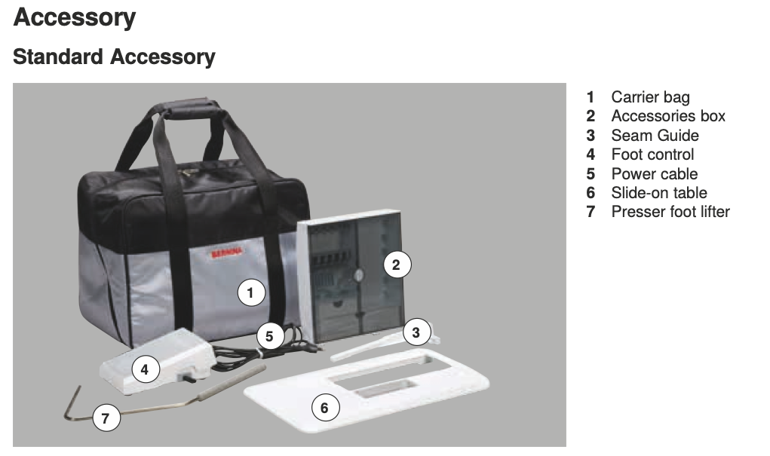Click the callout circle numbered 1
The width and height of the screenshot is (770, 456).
click(x=251, y=292)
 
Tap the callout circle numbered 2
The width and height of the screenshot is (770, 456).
click(x=396, y=265)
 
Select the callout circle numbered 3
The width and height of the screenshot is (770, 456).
click(x=416, y=332)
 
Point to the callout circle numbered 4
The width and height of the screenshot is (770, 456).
click(x=145, y=369)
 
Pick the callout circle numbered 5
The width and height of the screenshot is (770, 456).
click(x=269, y=336)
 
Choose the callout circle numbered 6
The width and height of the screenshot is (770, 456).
click(x=324, y=408)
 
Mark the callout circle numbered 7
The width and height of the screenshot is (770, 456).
click(x=106, y=418)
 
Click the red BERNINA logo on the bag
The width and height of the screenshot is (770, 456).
click(x=226, y=252)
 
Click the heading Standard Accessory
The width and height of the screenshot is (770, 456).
click(x=114, y=57)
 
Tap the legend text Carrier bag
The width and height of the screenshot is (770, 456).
click(x=650, y=97)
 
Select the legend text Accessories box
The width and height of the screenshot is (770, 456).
click(x=668, y=116)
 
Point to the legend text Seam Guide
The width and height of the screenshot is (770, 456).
click(x=655, y=135)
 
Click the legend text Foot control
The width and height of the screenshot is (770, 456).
click(x=652, y=154)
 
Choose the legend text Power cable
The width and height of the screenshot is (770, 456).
click(x=654, y=174)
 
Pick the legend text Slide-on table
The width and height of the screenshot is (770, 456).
click(x=659, y=193)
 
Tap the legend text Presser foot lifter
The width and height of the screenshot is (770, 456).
click(x=670, y=212)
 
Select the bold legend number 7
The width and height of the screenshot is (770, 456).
click(x=591, y=212)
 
